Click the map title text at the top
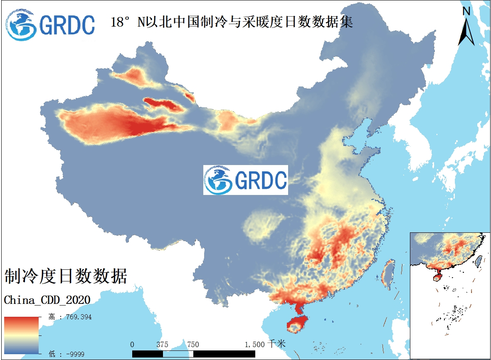tap(232, 22)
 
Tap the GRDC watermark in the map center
tap(245, 180)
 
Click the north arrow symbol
tap(466, 31)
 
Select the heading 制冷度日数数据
tap(65, 276)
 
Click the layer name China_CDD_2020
tap(47, 300)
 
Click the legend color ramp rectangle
tap(21, 335)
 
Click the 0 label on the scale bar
tap(132, 345)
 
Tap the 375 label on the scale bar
tap(163, 345)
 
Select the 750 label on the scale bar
tap(193, 345)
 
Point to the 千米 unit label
tap(276, 344)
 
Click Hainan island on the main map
tap(296, 324)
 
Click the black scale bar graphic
tap(193, 353)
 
